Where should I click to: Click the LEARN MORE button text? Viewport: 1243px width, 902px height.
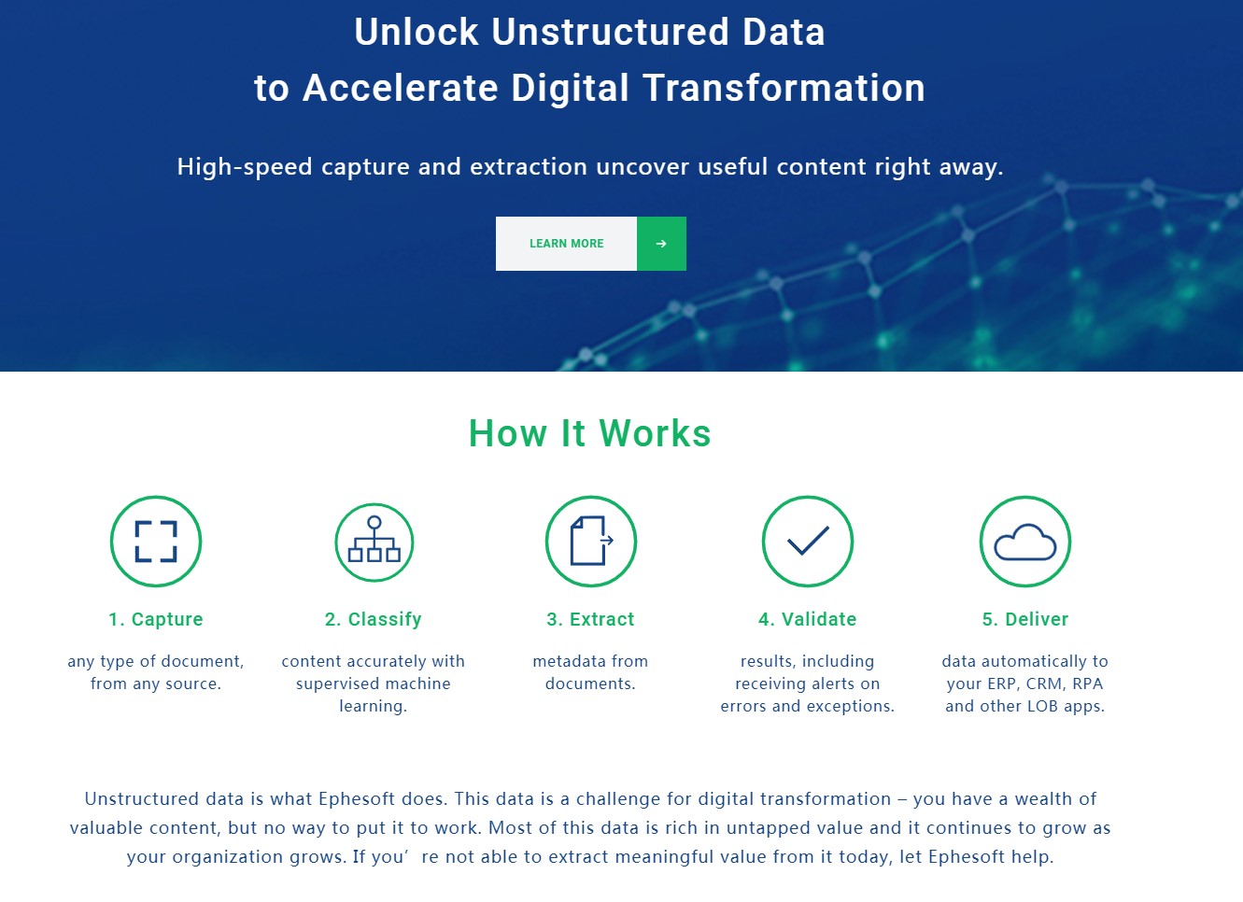coord(566,244)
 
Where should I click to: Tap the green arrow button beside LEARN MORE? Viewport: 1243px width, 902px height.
coord(661,244)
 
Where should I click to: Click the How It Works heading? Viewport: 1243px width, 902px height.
coord(589,433)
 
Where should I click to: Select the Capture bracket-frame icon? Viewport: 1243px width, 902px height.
coord(156,542)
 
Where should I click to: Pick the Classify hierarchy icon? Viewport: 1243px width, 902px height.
coord(374,542)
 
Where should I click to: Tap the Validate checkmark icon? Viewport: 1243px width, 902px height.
coord(808,542)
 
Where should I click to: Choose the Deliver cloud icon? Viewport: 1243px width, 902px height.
coord(1024,542)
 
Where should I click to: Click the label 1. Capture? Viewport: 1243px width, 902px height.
coord(156,619)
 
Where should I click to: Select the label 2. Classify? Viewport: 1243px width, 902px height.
coord(373,619)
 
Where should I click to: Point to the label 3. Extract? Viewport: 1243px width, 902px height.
coord(590,619)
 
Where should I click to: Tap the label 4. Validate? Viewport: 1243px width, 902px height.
coord(808,619)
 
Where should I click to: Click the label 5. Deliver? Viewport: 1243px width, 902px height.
coord(1024,619)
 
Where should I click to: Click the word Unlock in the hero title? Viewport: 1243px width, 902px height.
coord(417,32)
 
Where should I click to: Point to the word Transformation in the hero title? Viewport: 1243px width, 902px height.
coord(784,88)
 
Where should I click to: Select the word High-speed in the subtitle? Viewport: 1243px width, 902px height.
coord(245,167)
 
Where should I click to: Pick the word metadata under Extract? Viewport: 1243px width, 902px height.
coord(564,661)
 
